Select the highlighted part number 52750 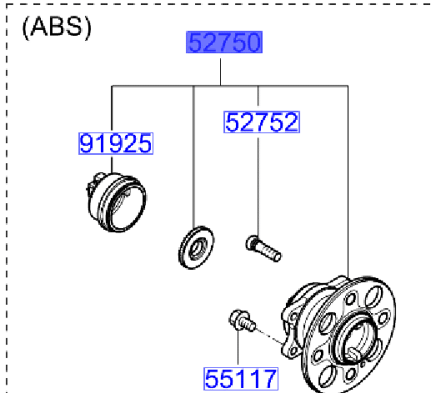224,43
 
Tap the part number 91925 116,144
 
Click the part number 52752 261,122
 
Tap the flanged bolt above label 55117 240,321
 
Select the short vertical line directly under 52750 221,71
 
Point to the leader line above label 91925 112,108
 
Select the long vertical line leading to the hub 347,183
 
